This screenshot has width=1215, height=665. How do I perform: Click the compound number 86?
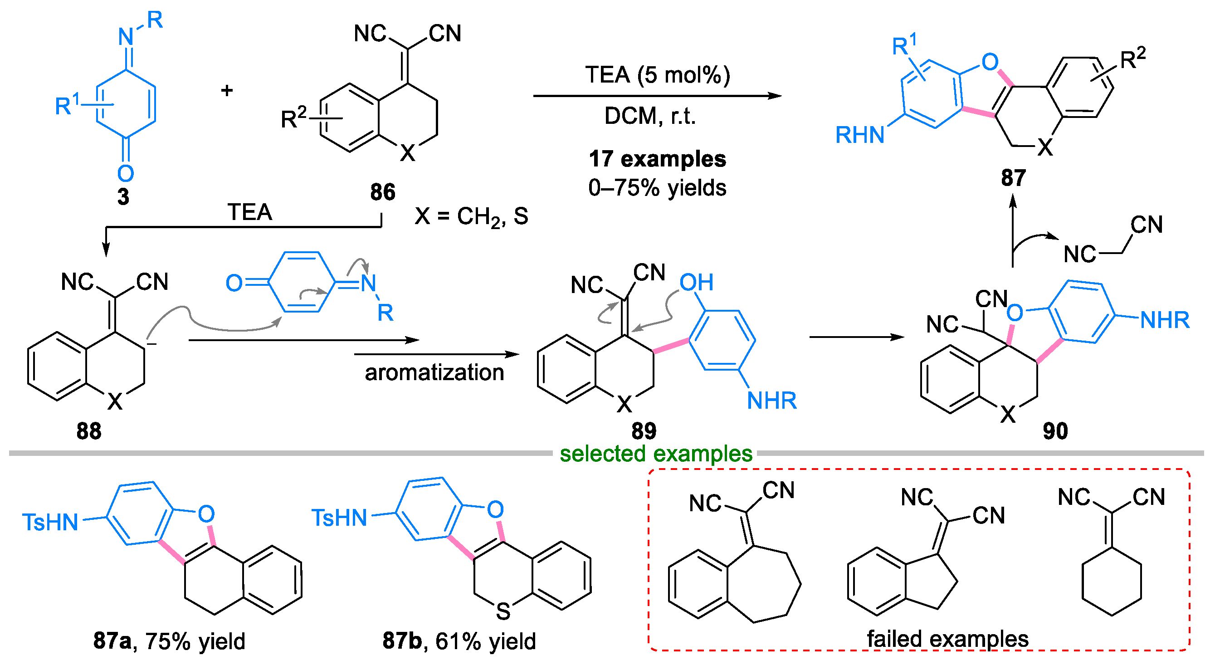382,192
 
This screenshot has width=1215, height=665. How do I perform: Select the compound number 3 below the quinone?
123,197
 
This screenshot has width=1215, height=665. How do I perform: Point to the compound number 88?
89,431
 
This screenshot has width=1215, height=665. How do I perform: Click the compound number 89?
644,431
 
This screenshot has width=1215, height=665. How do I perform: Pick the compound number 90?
1055,431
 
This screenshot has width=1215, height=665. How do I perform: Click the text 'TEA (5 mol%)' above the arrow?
658,75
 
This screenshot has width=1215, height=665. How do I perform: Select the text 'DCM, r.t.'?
650,116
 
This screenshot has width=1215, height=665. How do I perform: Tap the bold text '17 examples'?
657,159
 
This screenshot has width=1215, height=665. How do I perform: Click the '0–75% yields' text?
657,188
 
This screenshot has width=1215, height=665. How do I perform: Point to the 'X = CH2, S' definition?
471,216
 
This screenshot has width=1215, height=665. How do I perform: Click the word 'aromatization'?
434,372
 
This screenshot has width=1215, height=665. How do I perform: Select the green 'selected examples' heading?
656,454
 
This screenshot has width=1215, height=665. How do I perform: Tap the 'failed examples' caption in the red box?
947,639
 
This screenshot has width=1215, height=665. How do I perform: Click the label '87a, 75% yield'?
169,641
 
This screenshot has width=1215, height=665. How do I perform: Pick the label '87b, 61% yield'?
459,641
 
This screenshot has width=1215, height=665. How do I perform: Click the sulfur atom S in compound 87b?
503,612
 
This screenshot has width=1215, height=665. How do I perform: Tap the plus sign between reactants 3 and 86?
227,90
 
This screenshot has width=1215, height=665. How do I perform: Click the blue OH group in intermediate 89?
696,283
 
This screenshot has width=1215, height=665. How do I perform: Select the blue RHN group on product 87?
859,135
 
